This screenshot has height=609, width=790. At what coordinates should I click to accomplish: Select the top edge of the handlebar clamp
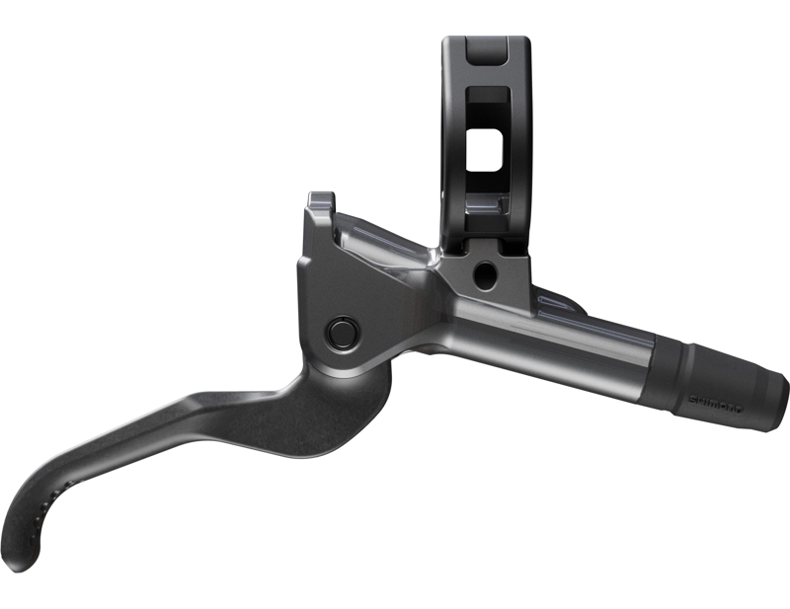click(487, 41)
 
